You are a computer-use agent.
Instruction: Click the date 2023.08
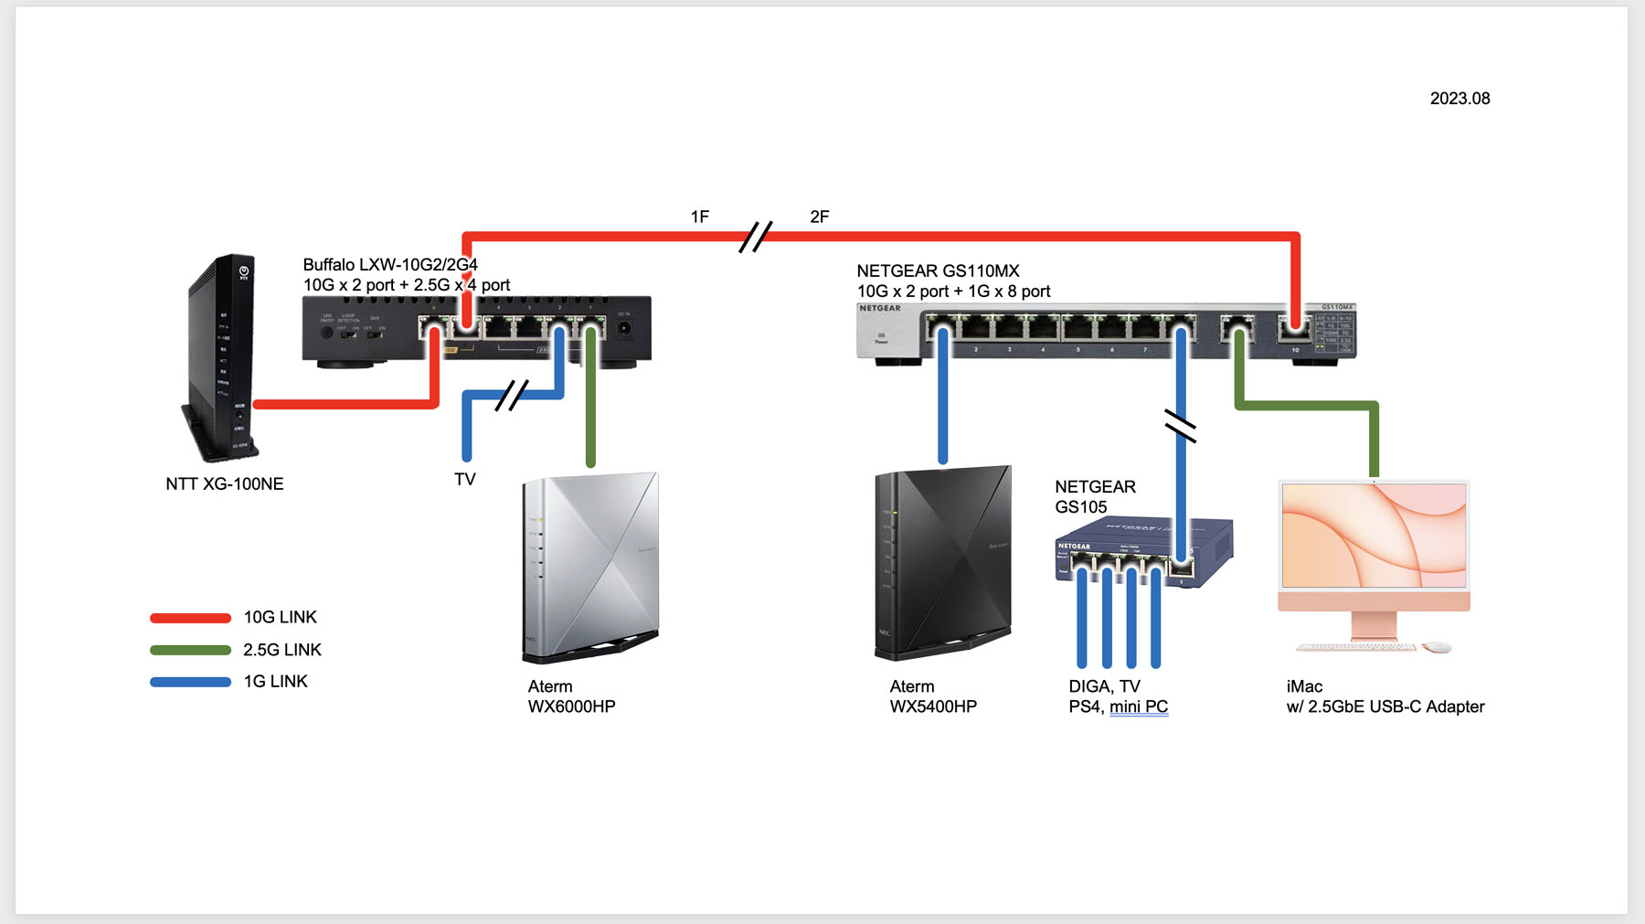click(1459, 99)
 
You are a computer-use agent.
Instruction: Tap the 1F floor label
click(700, 218)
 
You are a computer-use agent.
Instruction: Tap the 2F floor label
click(820, 218)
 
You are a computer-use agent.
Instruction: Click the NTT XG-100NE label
click(225, 484)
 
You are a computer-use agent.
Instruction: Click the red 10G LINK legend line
click(190, 619)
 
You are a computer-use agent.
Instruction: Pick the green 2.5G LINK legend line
click(190, 651)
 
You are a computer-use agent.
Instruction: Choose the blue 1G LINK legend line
click(190, 682)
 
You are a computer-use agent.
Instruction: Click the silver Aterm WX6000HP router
click(590, 567)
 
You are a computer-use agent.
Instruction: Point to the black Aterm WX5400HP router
click(942, 563)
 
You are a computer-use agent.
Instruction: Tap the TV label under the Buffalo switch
click(465, 480)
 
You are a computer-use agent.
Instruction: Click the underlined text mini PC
click(1139, 707)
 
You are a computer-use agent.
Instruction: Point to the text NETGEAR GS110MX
click(938, 271)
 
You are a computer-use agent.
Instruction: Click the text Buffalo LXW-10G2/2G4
click(390, 265)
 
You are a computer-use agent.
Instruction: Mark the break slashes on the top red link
click(756, 237)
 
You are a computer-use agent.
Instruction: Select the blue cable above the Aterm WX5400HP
click(942, 402)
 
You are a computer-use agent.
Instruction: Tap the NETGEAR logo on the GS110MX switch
click(880, 309)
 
